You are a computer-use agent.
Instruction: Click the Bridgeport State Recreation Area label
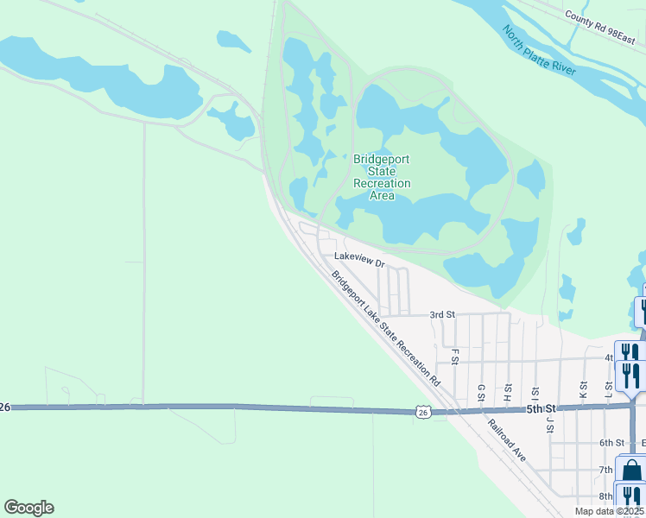pyautogui.click(x=382, y=177)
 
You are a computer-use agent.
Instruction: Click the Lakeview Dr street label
pyautogui.click(x=358, y=257)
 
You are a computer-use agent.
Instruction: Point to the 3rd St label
pyautogui.click(x=441, y=315)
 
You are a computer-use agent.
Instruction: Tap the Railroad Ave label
pyautogui.click(x=506, y=441)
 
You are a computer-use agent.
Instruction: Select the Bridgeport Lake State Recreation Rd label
pyautogui.click(x=386, y=327)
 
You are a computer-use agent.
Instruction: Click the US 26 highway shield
pyautogui.click(x=422, y=413)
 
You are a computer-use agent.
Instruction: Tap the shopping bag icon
pyautogui.click(x=632, y=471)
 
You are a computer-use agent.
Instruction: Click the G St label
pyautogui.click(x=481, y=393)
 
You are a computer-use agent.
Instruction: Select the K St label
pyautogui.click(x=585, y=388)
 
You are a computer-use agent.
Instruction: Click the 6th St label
pyautogui.click(x=611, y=443)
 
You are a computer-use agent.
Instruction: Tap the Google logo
pyautogui.click(x=28, y=508)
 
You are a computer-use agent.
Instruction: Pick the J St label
pyautogui.click(x=549, y=420)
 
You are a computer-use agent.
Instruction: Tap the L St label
pyautogui.click(x=609, y=390)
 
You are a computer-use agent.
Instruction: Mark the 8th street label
pyautogui.click(x=606, y=496)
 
